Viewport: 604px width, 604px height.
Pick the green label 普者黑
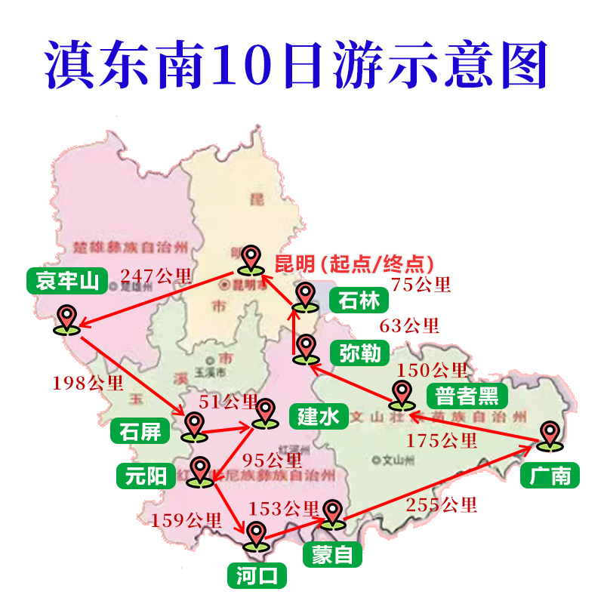(x=467, y=396)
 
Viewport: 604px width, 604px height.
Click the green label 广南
(x=550, y=476)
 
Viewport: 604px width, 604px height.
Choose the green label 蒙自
(x=332, y=555)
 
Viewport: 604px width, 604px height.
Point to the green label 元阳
(x=145, y=475)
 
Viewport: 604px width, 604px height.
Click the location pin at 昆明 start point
(x=250, y=260)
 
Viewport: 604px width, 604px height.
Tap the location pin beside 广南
(x=550, y=436)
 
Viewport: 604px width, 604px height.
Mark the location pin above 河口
(x=256, y=536)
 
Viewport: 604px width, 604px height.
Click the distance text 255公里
(x=442, y=504)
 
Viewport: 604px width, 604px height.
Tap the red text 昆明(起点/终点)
(x=353, y=263)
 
